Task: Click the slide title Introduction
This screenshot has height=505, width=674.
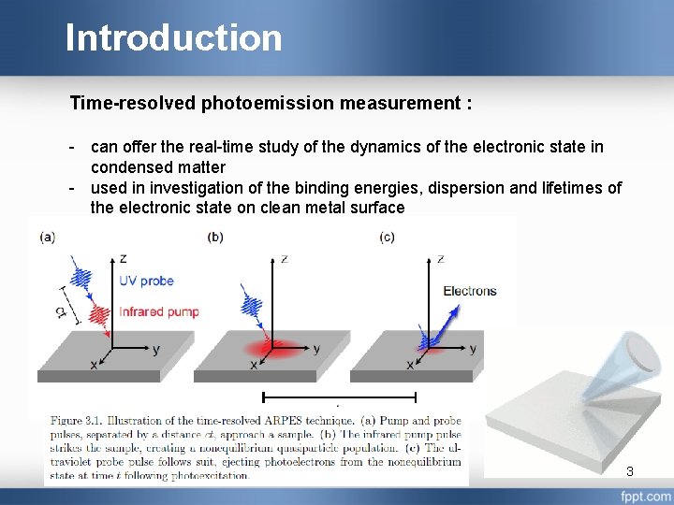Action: tap(173, 38)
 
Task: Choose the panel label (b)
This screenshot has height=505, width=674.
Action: tap(214, 238)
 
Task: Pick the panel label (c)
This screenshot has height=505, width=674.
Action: tap(388, 238)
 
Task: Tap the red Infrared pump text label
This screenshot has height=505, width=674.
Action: tap(160, 310)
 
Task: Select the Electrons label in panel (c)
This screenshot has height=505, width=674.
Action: tap(469, 291)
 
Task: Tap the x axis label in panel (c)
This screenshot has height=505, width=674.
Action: tap(410, 365)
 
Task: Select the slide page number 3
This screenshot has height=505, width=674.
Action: tap(630, 471)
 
